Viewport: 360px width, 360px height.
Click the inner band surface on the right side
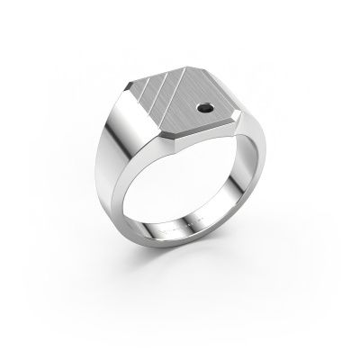(229, 220)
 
